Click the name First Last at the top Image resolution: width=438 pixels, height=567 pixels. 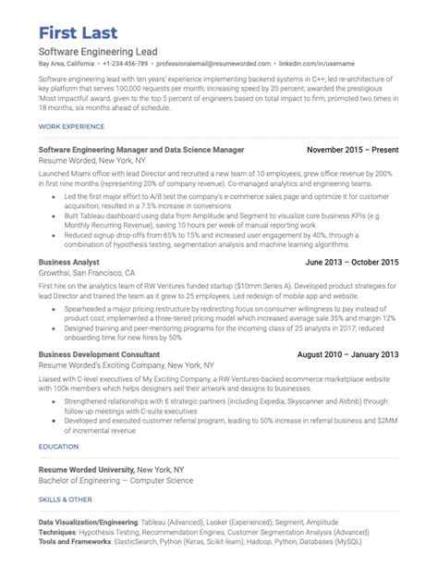coord(84,24)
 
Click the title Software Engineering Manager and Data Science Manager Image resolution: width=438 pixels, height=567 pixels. coord(141,148)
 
